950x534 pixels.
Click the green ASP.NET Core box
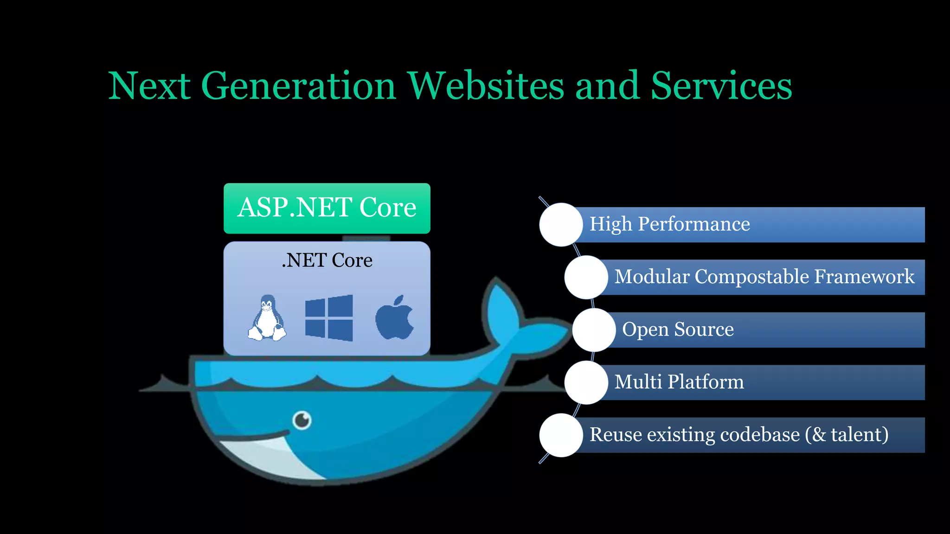327,208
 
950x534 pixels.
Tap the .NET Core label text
327,261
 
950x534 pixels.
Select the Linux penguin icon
267,318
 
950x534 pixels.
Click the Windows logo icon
329,318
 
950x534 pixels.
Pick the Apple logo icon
394,318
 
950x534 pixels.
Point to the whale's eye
302,420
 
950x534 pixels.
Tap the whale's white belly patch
269,457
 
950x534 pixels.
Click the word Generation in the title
298,86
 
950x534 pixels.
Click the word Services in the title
721,86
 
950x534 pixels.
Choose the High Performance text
669,224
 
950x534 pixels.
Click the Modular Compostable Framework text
764,277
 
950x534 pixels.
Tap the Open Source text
678,330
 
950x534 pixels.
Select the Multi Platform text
679,382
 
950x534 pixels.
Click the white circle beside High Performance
561,224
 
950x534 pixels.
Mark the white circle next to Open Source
594,330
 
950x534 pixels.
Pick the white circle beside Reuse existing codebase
561,435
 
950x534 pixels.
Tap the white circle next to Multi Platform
586,382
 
